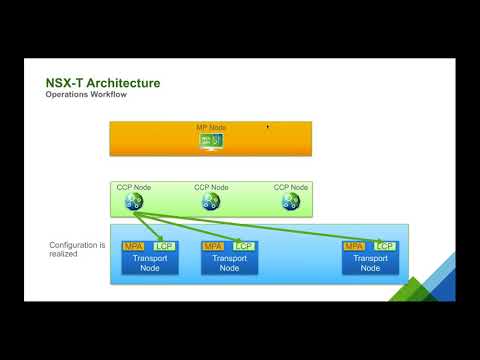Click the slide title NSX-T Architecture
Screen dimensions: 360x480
(x=103, y=82)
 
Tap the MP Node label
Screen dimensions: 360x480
(x=211, y=128)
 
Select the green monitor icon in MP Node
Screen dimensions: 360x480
(x=211, y=141)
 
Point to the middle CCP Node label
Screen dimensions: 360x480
(x=211, y=186)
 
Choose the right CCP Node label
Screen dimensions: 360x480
(x=290, y=186)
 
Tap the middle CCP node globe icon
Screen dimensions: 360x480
(x=211, y=201)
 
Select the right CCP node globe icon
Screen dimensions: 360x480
(x=290, y=201)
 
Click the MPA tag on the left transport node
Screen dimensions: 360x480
(x=132, y=246)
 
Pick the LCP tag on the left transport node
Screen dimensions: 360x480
(x=162, y=246)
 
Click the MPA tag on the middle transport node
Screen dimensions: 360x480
(x=213, y=246)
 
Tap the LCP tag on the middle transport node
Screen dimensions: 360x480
(x=243, y=246)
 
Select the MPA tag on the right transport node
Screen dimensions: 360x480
(x=353, y=246)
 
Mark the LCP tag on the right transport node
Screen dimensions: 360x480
(x=384, y=246)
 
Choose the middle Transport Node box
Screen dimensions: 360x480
(x=229, y=263)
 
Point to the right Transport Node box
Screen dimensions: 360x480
(x=369, y=263)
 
